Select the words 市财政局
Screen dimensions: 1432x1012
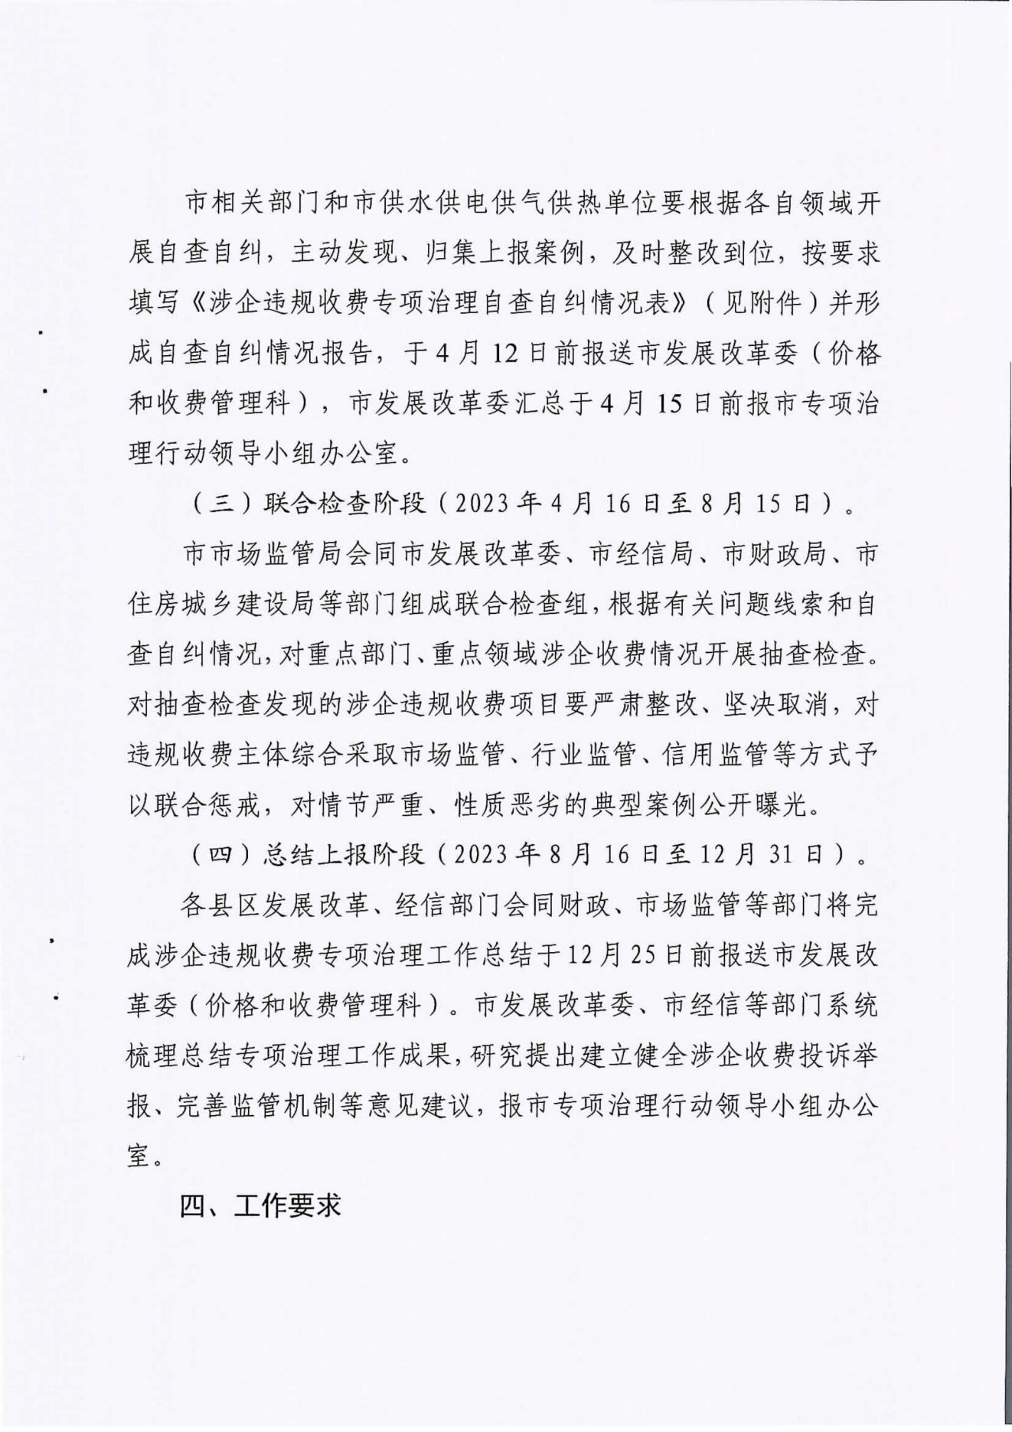pyautogui.click(x=775, y=553)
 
